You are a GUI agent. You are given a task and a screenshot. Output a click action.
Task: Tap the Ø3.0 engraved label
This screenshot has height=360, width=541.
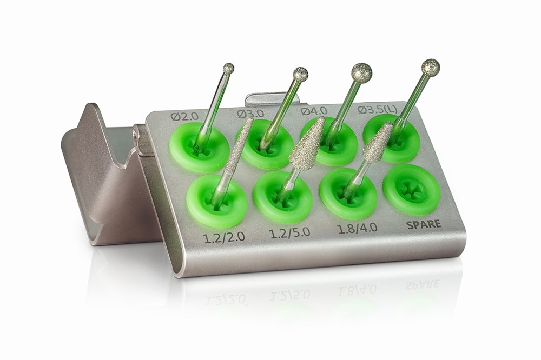[250, 113]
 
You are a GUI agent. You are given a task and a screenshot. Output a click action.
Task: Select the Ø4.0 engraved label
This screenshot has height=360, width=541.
[314, 111]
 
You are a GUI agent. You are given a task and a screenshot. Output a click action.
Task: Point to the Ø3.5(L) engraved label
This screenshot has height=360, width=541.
[378, 109]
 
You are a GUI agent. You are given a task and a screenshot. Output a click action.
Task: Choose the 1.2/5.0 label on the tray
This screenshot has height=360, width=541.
[289, 232]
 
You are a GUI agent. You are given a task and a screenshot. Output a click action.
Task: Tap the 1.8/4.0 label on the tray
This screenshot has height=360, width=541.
[357, 228]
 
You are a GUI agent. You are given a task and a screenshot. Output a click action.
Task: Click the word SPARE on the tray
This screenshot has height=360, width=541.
[424, 224]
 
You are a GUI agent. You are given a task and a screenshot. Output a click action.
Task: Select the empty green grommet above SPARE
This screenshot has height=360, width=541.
[412, 189]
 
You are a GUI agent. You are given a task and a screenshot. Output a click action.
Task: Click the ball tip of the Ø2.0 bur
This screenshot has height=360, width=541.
[228, 68]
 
